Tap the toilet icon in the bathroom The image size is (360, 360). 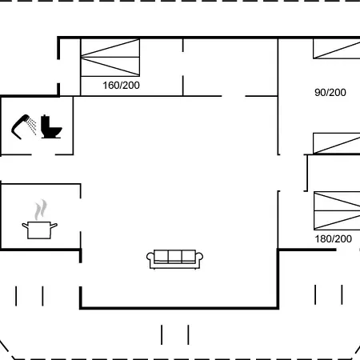(x=51, y=126)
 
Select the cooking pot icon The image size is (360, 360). (x=39, y=230)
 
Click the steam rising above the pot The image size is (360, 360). (x=41, y=210)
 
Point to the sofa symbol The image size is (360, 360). (x=174, y=259)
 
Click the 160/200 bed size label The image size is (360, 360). (x=121, y=86)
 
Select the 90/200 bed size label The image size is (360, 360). (x=330, y=93)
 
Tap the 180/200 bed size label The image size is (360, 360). (x=334, y=239)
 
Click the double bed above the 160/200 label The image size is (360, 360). (x=110, y=58)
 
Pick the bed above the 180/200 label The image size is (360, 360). (x=337, y=210)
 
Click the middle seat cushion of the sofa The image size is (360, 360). (x=174, y=257)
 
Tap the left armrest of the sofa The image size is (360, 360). (x=150, y=258)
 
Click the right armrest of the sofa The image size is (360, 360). (x=199, y=258)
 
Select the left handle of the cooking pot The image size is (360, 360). (x=25, y=226)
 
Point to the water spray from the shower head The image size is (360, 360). (x=32, y=126)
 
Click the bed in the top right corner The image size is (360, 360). (x=337, y=49)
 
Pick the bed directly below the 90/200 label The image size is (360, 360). (x=337, y=143)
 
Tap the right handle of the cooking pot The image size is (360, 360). (x=54, y=226)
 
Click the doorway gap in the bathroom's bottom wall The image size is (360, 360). (x=43, y=154)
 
